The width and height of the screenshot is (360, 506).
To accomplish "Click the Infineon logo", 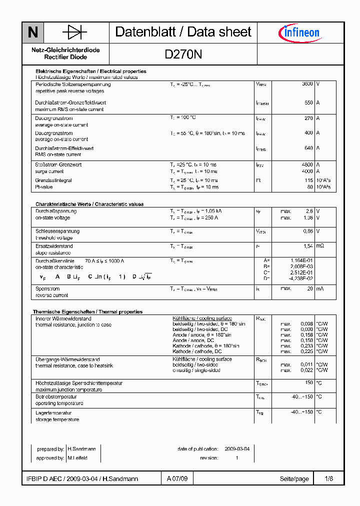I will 299,33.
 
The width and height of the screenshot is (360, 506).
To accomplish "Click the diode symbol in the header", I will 74,32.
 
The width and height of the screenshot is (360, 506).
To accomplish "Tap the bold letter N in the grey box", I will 33,33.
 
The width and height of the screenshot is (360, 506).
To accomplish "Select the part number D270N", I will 183,54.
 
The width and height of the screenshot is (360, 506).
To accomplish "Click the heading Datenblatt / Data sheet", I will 183,32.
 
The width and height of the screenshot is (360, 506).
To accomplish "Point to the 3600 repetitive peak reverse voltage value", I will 307,84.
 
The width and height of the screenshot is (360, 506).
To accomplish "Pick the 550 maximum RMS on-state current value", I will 308,102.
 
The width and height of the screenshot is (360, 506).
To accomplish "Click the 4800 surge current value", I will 307,164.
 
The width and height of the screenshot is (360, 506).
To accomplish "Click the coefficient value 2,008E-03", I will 302,266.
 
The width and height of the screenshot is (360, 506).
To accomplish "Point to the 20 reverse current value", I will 309,288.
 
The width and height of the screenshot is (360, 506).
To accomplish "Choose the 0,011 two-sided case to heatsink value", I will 306,364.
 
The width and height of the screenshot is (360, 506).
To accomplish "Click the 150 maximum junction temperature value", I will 308,383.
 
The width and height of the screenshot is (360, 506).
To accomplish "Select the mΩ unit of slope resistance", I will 320,246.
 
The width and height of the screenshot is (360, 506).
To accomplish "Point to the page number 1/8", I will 328,479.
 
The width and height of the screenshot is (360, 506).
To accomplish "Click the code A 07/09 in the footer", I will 177,479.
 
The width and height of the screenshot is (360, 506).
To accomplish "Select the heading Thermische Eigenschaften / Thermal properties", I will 87,311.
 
